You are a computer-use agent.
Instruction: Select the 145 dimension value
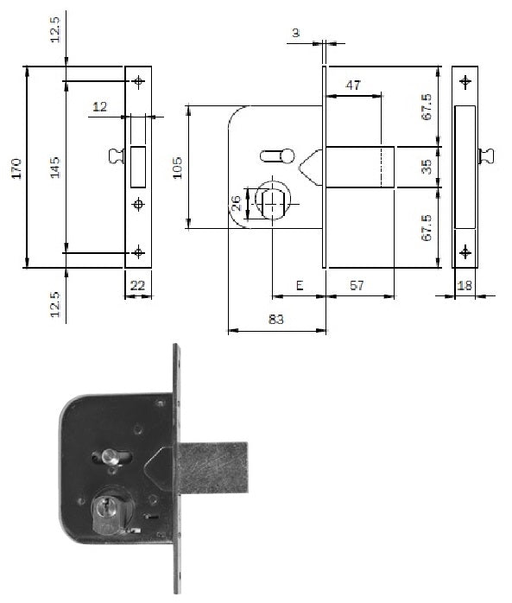click(54, 168)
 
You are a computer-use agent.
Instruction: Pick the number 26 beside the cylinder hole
click(235, 203)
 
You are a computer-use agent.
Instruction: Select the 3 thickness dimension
click(295, 33)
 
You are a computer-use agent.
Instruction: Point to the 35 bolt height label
click(426, 166)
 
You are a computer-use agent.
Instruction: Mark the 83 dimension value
click(276, 319)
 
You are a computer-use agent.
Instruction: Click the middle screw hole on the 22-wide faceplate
click(138, 204)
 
